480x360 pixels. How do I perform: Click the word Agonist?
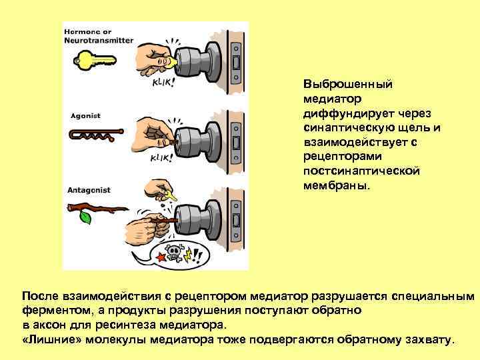tap(85, 115)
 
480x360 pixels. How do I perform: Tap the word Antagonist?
tap(89, 190)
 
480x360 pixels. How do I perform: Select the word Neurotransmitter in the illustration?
tap(98, 41)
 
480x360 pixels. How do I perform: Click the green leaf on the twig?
tap(85, 217)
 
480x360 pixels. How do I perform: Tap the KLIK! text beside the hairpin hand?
tap(161, 158)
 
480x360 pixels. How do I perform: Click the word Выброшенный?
tap(347, 85)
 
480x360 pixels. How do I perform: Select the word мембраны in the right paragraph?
tap(333, 186)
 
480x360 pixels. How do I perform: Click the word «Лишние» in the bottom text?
tap(49, 339)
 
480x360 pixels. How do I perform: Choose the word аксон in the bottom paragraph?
tap(47, 325)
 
